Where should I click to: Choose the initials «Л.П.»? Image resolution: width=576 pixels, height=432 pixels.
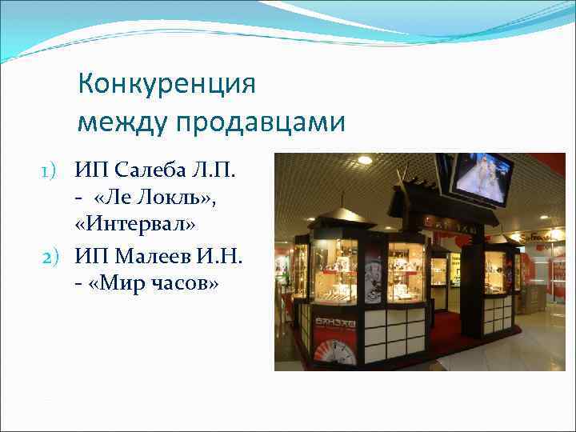(211, 170)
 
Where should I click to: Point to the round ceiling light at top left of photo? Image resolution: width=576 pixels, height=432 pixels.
(365, 160)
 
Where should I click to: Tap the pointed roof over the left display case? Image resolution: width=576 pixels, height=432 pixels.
(335, 216)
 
